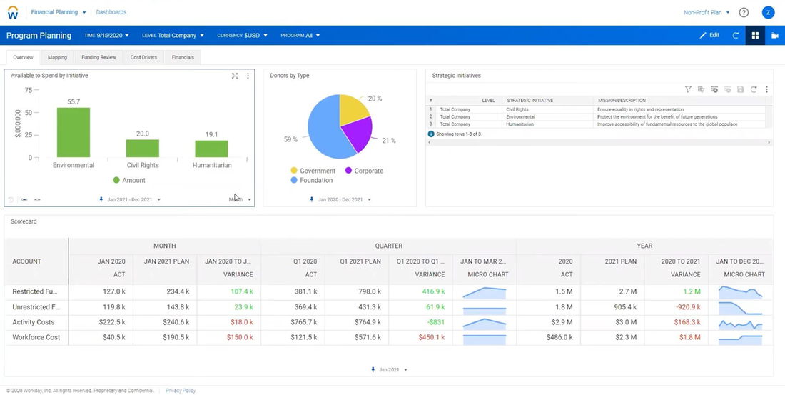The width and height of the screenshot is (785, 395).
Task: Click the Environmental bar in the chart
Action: [x=74, y=132]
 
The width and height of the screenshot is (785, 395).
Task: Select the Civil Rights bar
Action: [x=143, y=148]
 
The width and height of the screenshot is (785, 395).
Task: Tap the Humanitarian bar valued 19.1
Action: [x=211, y=149]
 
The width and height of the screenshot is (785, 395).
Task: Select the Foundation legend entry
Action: [x=316, y=181]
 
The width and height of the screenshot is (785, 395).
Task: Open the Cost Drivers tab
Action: [x=143, y=57]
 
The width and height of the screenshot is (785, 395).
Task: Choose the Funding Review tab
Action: [x=98, y=57]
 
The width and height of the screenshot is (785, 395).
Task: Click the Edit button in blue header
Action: [x=709, y=35]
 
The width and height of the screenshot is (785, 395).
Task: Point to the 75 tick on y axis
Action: [x=29, y=90]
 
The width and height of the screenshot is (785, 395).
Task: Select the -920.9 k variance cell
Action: [x=686, y=307]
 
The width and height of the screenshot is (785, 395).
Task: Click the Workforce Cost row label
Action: [x=36, y=337]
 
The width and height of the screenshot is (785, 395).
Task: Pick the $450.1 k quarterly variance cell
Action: [x=430, y=337]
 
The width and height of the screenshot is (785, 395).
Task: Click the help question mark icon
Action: [x=744, y=12]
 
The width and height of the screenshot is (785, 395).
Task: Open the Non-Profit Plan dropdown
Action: [x=706, y=12]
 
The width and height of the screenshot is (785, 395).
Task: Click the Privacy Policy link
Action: [x=181, y=391]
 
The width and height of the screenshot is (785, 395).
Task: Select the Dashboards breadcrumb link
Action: [x=111, y=12]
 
